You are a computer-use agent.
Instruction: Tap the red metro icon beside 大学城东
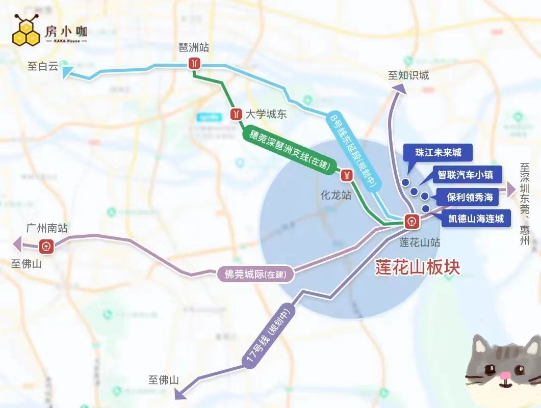click(236, 114)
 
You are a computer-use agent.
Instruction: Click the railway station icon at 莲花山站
click(411, 222)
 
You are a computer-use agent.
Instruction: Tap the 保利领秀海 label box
click(470, 197)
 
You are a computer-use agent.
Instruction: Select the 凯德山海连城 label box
click(476, 219)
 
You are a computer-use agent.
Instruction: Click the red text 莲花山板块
click(418, 267)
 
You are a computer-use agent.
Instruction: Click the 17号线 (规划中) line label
click(269, 335)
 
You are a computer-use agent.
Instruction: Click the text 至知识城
click(408, 76)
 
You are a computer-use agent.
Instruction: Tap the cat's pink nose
click(505, 376)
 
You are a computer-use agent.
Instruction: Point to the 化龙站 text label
click(336, 195)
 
